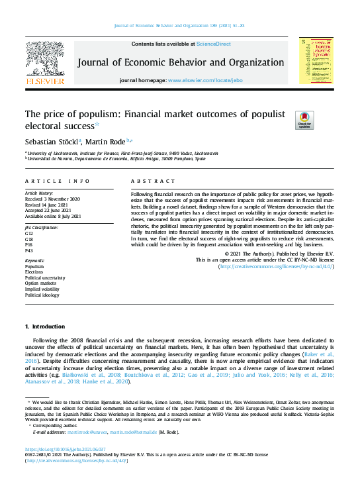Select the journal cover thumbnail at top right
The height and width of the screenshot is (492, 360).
tap(316, 60)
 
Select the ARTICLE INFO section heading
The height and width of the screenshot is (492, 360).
tap(58, 181)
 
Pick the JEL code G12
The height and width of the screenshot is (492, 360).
tap(29, 234)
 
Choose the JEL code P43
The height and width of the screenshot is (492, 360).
tap(29, 251)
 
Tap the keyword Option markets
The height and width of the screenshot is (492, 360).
tap(41, 283)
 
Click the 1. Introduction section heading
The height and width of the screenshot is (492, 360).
tap(45, 326)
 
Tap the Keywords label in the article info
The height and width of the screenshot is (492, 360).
tap(35, 261)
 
